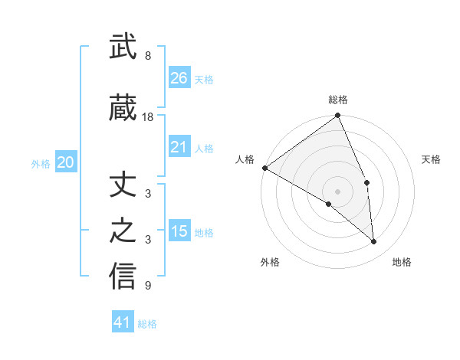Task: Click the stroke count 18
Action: (x=148, y=117)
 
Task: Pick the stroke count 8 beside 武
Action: (x=147, y=56)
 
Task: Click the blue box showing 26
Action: (x=179, y=77)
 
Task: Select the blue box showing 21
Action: (x=179, y=147)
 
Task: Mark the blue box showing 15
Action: (x=179, y=231)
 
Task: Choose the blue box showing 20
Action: (x=66, y=162)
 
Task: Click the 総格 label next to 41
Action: (x=147, y=324)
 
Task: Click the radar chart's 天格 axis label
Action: (x=432, y=159)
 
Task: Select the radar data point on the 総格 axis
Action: (x=337, y=116)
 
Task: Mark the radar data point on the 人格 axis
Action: (x=264, y=168)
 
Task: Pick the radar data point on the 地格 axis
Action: (x=373, y=241)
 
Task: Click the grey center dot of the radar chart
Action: (x=337, y=191)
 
